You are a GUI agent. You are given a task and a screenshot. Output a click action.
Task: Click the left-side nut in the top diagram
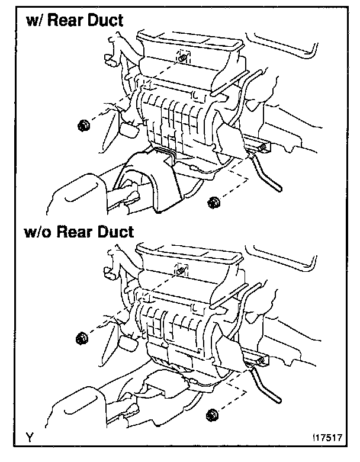click(83, 124)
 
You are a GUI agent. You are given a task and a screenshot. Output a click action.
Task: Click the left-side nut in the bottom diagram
click(82, 338)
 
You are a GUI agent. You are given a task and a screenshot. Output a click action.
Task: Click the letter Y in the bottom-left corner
click(28, 439)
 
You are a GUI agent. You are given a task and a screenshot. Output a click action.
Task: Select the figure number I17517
click(327, 439)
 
